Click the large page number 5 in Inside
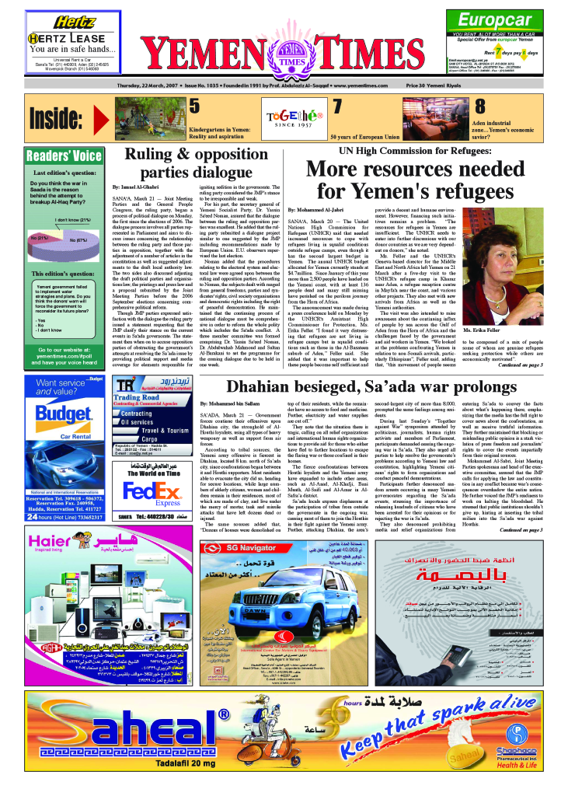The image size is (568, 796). pyautogui.click(x=194, y=106)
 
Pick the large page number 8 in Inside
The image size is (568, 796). pyautogui.click(x=480, y=106)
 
